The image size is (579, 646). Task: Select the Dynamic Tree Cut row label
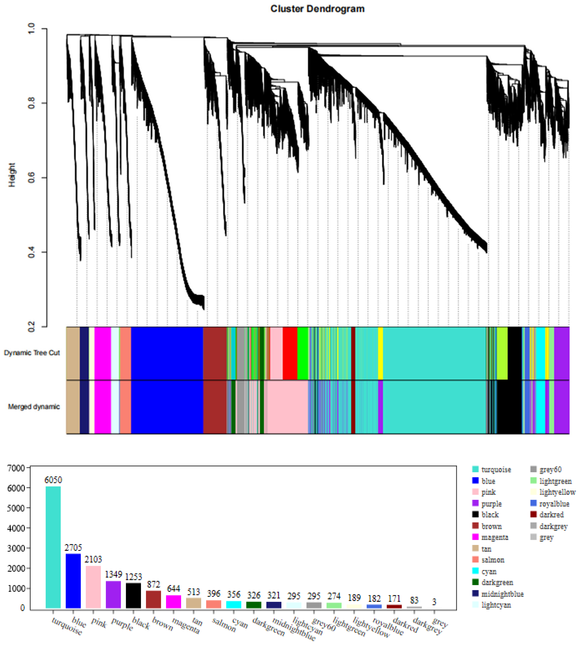point(32,353)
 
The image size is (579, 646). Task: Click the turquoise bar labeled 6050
point(53,547)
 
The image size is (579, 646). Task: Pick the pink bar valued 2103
point(93,587)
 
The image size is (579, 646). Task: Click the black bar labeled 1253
point(133,595)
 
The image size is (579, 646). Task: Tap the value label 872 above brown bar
point(153,584)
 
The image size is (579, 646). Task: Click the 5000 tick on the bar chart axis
point(16,508)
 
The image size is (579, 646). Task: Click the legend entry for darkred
point(551,515)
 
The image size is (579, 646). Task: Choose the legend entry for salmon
point(493,560)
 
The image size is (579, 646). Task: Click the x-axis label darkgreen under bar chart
point(268,627)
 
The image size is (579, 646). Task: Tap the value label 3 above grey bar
point(434,602)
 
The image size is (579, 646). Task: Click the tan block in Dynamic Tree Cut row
point(73,353)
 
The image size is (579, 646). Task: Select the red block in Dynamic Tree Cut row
point(290,353)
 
